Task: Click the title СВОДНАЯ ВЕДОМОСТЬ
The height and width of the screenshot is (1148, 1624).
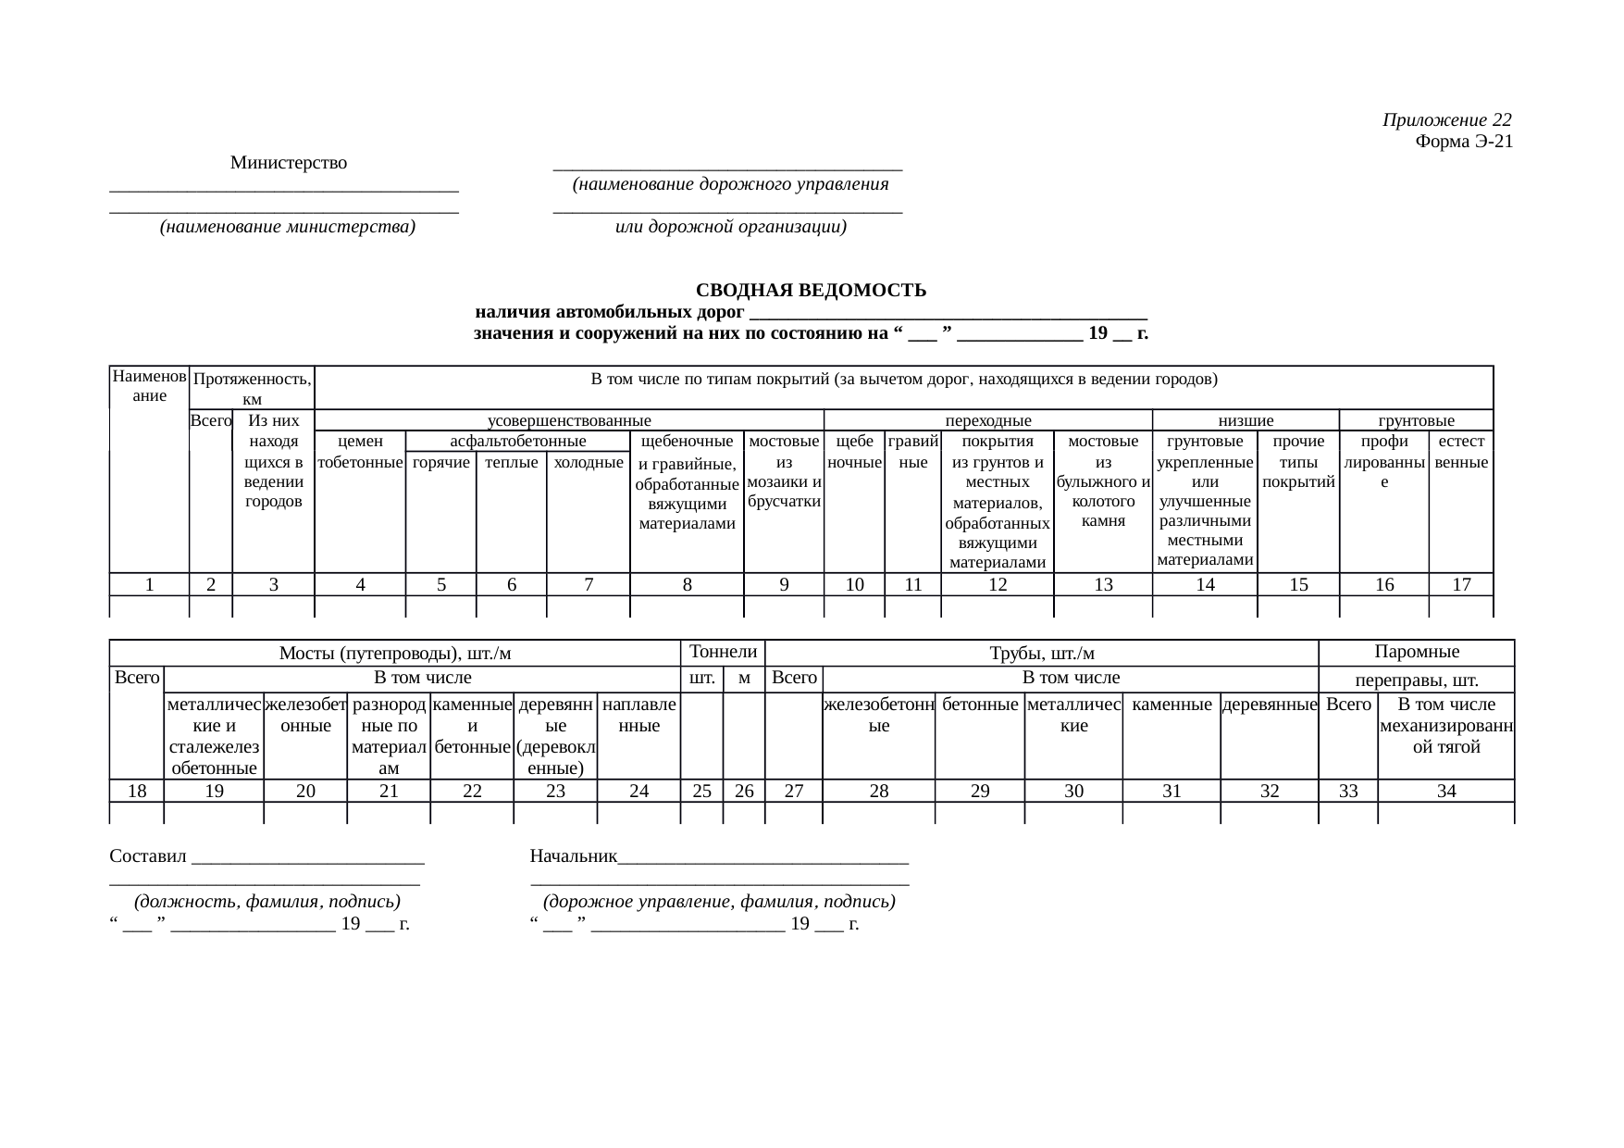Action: click(x=811, y=291)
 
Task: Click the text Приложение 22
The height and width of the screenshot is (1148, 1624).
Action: click(x=1447, y=120)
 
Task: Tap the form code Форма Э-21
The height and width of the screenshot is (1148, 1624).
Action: click(x=1464, y=142)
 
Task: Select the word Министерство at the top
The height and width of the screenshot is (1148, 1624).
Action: click(x=289, y=163)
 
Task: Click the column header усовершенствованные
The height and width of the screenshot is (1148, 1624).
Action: click(x=569, y=420)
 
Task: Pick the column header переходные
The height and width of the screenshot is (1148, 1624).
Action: click(x=987, y=420)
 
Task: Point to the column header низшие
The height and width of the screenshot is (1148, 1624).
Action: click(x=1246, y=420)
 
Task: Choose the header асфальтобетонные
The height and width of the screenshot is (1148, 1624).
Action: click(x=517, y=442)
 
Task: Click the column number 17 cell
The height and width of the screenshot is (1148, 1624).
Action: click(x=1461, y=584)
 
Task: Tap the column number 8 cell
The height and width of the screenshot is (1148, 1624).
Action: click(x=687, y=584)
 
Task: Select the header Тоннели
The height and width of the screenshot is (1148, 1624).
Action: click(x=724, y=652)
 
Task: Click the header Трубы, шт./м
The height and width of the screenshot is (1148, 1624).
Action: click(x=1042, y=654)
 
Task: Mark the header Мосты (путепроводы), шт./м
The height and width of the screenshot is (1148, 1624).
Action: click(x=395, y=654)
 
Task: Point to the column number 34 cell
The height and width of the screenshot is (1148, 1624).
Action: click(x=1446, y=791)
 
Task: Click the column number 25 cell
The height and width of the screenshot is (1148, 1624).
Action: click(x=701, y=791)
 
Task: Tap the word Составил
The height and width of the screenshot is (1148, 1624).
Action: click(x=148, y=855)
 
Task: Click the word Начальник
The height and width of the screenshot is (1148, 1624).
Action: click(x=573, y=855)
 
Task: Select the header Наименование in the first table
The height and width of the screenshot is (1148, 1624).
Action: click(x=149, y=386)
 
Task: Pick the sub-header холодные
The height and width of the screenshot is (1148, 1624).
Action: click(x=589, y=462)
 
